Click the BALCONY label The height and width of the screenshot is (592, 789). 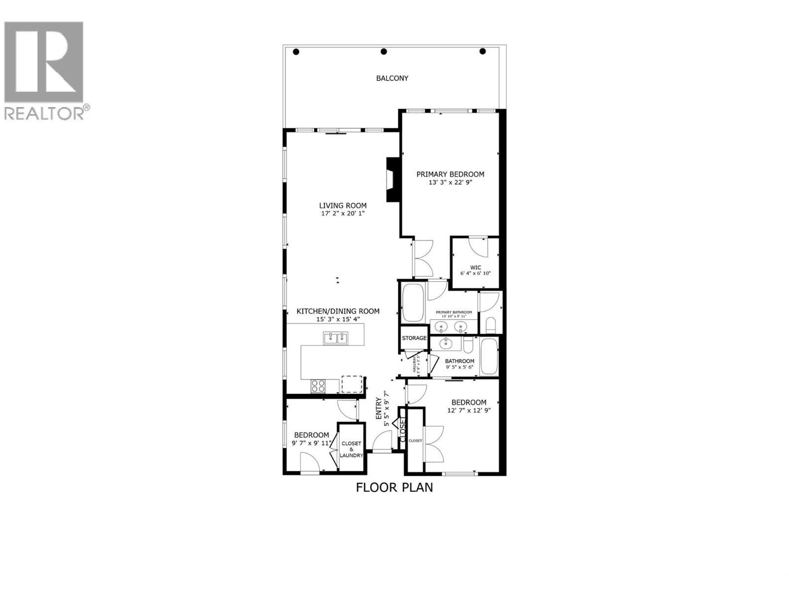(392, 78)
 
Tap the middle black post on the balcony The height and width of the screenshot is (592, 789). (384, 52)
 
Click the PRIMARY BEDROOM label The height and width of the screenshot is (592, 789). (450, 174)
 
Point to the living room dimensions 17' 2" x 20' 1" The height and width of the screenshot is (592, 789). (342, 214)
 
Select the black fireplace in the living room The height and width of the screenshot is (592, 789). (393, 180)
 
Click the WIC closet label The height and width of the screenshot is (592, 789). (475, 267)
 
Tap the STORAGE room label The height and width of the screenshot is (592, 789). (414, 338)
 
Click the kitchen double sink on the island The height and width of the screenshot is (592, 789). (335, 338)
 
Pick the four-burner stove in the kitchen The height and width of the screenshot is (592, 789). (318, 385)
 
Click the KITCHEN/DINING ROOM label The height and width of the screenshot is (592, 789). (338, 311)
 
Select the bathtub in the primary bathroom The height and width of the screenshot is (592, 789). (413, 302)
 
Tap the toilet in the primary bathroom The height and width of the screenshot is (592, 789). (491, 325)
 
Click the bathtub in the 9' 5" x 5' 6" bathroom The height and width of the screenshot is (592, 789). (490, 356)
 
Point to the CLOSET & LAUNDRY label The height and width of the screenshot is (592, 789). (351, 449)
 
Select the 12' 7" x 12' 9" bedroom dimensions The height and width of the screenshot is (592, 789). (468, 410)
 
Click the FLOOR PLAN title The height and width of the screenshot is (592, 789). (394, 487)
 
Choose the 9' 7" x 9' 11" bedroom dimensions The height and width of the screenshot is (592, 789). (312, 443)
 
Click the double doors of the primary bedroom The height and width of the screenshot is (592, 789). (423, 258)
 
